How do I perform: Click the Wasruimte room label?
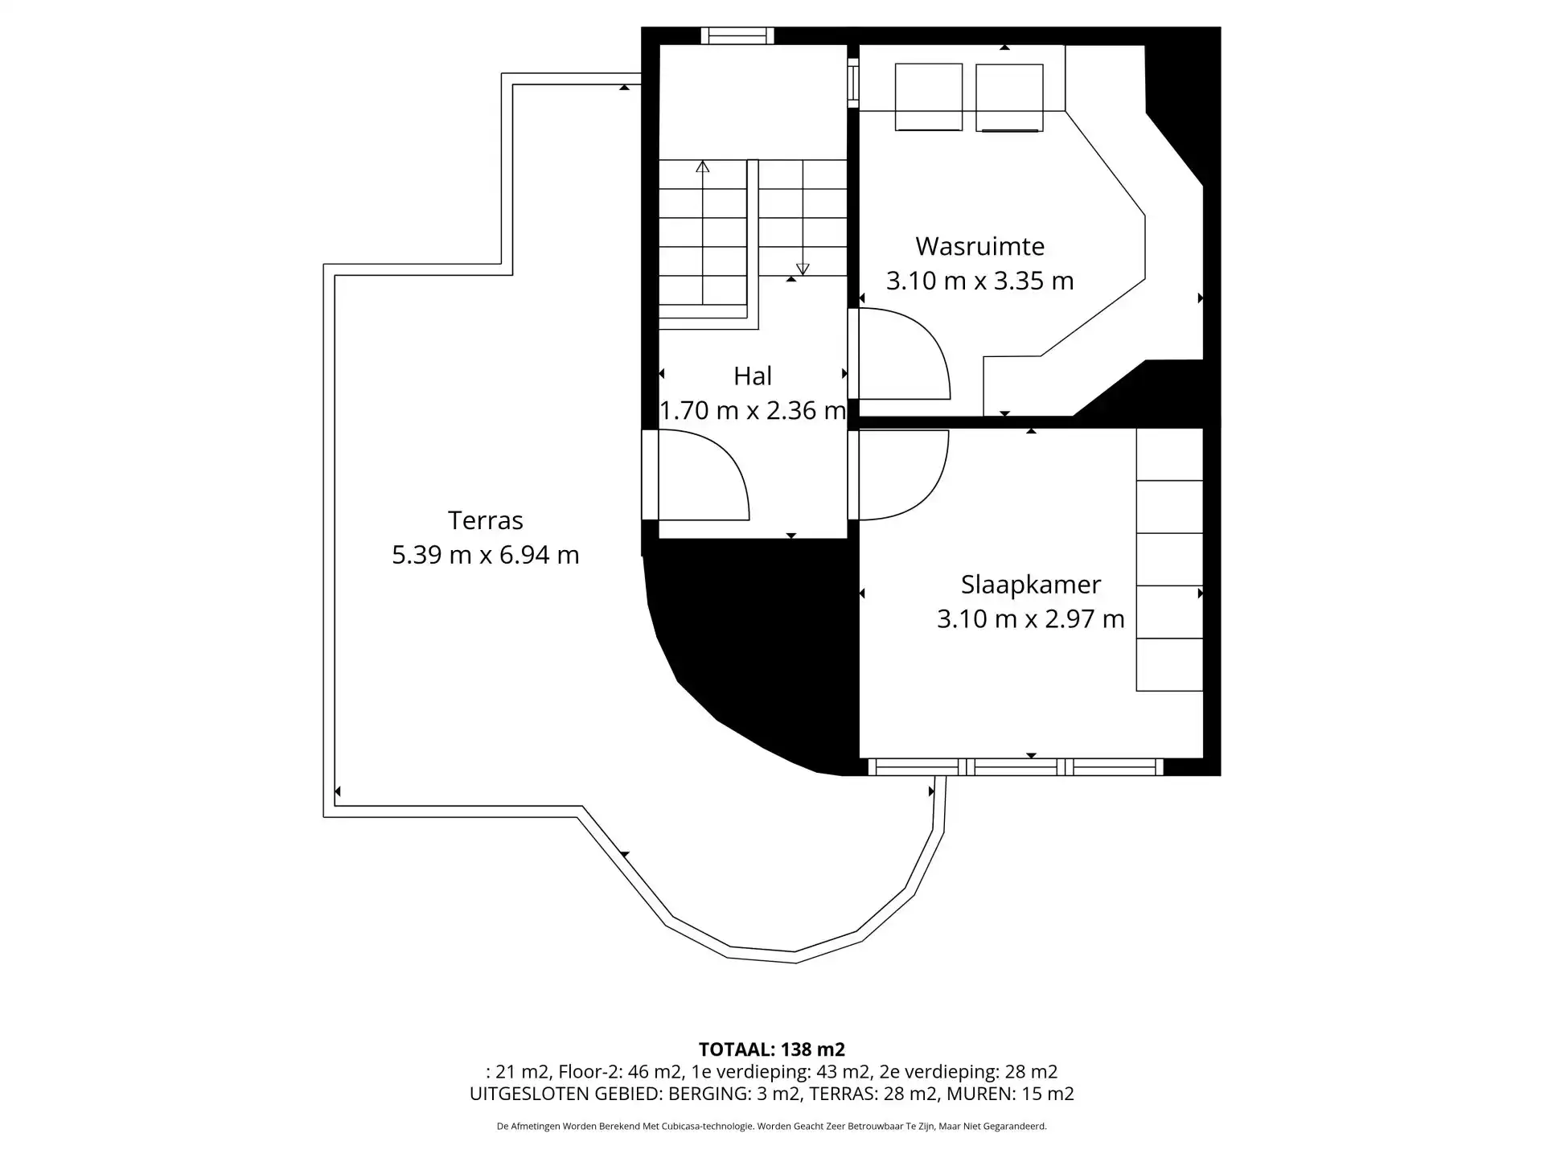click(x=979, y=246)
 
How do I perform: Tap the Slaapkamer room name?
click(x=1030, y=585)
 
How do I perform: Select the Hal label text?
click(x=753, y=376)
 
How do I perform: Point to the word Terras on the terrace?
click(x=485, y=521)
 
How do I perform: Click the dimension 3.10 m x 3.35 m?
click(x=979, y=281)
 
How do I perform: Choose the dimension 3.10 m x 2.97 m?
click(x=1030, y=619)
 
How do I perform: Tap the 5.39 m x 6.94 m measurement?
click(x=485, y=556)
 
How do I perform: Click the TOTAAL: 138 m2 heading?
click(x=772, y=1049)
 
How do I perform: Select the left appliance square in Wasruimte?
click(x=929, y=97)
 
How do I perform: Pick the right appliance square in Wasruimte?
click(x=1009, y=97)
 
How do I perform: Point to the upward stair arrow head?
click(x=703, y=166)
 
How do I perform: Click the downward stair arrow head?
click(x=803, y=269)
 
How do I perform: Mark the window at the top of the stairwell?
click(x=737, y=36)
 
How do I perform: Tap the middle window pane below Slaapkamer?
click(x=1016, y=767)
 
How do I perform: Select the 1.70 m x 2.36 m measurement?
click(x=753, y=411)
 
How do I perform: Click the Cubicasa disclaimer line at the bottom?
click(x=772, y=1127)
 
